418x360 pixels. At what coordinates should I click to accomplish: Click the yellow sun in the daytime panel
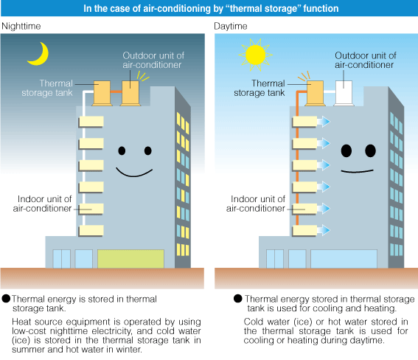[255, 55]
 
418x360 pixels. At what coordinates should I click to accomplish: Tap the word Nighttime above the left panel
[21, 26]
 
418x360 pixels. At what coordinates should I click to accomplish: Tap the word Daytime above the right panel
[231, 26]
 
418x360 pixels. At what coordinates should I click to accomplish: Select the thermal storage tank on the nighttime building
[102, 93]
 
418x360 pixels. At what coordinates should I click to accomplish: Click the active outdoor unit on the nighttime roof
[130, 93]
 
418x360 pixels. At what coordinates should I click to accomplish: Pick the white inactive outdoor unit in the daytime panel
[344, 93]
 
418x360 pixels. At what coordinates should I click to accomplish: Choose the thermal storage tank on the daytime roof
[315, 93]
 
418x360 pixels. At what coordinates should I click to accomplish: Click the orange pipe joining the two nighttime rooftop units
[116, 91]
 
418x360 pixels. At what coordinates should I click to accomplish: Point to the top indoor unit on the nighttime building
[91, 122]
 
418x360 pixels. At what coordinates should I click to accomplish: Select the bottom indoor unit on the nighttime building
[91, 231]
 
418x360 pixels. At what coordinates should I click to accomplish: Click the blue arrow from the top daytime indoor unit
[324, 122]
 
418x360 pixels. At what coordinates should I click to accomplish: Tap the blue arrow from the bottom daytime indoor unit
[324, 230]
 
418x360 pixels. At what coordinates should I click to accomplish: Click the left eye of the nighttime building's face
[122, 150]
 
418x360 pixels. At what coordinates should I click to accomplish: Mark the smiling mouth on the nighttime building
[134, 173]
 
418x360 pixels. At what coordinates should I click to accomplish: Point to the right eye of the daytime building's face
[370, 150]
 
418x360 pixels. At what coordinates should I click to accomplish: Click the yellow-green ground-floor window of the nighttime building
[130, 259]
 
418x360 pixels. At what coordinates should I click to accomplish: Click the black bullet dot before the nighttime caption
[6, 299]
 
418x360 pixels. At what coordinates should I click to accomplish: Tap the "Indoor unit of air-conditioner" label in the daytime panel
[256, 204]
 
